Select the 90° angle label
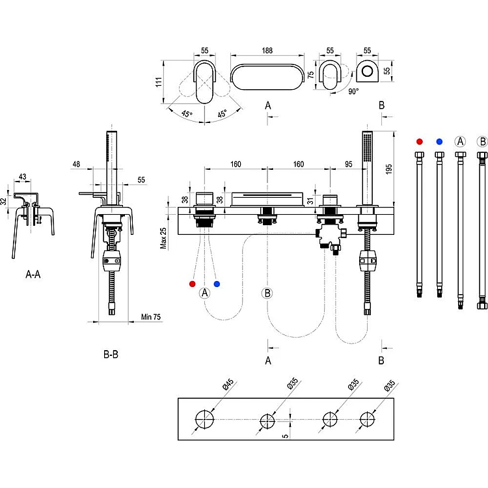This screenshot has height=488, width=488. tap(353, 92)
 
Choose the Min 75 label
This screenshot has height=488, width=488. tap(151, 318)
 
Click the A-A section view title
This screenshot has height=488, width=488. tap(33, 275)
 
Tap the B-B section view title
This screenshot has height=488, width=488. tap(111, 355)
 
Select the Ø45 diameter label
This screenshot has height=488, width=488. tap(228, 386)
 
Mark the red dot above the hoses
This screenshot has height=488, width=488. tap(420, 141)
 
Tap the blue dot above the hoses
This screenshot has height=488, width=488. tap(440, 141)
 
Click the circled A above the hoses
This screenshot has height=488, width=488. tap(461, 141)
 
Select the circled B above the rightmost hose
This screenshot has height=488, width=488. tap(482, 141)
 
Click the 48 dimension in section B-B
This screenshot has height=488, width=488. tap(76, 165)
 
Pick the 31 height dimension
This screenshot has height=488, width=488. tap(309, 200)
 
